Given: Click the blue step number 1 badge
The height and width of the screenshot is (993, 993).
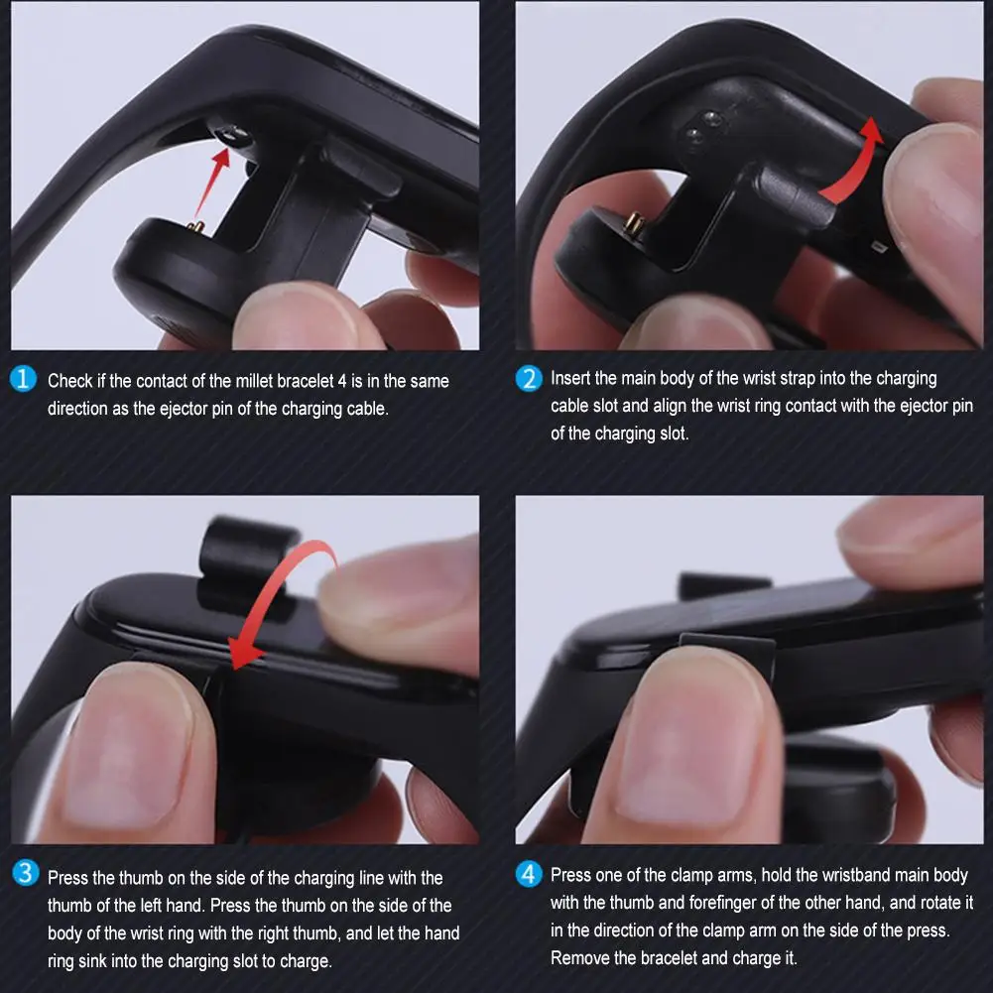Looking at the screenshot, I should pos(24,380).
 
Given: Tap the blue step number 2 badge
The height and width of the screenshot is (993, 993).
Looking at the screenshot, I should pos(530,379).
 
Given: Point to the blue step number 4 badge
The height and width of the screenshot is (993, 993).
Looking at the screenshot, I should pos(530,874).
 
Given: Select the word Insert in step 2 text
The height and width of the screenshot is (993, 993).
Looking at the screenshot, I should pos(570,378).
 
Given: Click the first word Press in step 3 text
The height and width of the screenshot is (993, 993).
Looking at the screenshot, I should pos(68,878).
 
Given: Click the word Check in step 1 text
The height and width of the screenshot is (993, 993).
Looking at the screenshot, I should pos(70,381).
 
